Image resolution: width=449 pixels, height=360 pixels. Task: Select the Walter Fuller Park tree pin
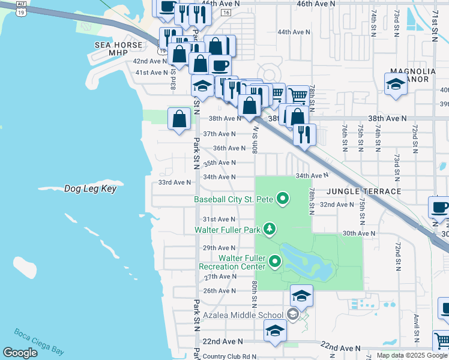coord(270,229)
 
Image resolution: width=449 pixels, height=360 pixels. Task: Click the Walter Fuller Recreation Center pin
coord(276,261)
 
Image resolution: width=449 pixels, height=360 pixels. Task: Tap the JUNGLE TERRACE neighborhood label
coord(364,191)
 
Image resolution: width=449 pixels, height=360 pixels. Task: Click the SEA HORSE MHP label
coord(119,49)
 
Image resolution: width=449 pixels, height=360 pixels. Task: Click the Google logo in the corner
coord(20,353)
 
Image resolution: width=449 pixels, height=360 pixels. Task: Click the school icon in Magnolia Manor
coord(396,85)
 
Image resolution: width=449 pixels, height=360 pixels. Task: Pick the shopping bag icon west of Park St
coord(179,118)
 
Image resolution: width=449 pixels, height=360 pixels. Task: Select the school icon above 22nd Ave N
coord(275,330)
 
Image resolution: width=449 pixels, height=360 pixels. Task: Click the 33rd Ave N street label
coord(174,182)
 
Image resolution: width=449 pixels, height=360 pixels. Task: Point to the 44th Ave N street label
coord(294,32)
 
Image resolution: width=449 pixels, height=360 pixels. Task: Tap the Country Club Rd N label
coord(229,356)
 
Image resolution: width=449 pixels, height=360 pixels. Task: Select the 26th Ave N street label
coord(219,291)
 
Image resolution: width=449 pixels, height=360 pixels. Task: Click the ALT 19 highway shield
coord(21,7)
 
